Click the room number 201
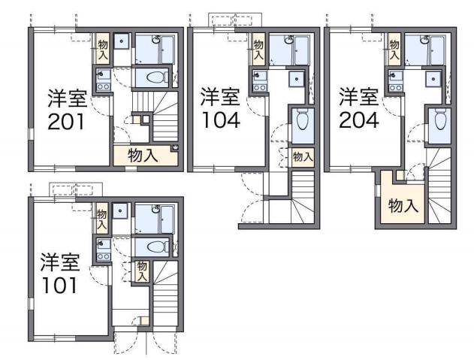(65, 119)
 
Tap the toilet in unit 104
(301, 121)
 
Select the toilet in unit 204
(439, 121)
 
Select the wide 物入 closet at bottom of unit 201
(144, 156)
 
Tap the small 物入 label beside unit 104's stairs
(302, 157)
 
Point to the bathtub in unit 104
(300, 50)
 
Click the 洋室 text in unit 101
(59, 263)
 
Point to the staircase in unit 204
(438, 192)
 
